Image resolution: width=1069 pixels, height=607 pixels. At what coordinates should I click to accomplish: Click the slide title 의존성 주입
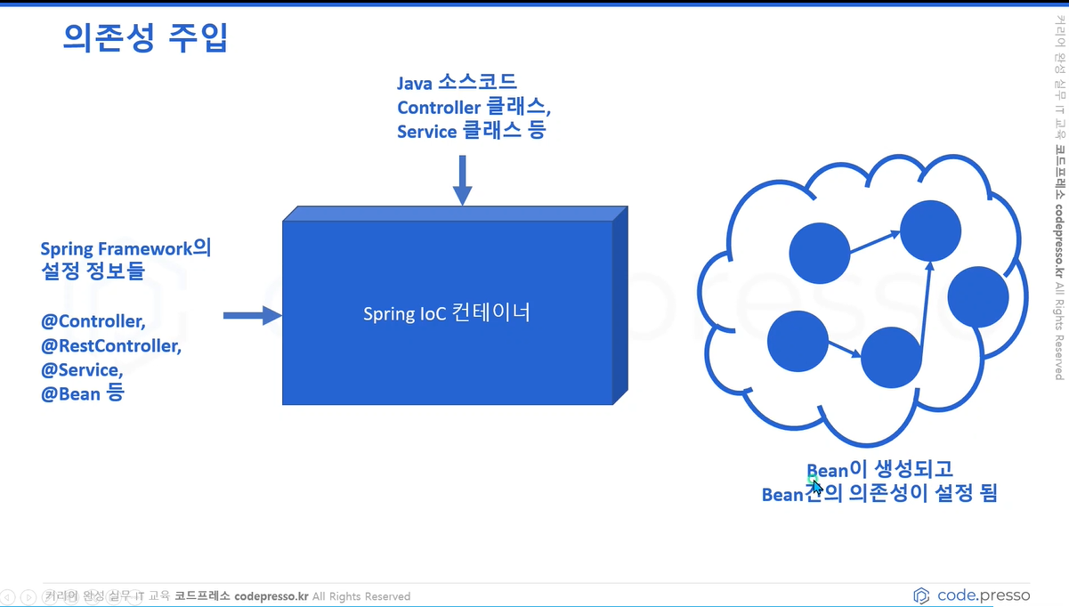[146, 37]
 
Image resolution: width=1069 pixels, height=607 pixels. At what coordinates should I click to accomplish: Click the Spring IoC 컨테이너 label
[446, 313]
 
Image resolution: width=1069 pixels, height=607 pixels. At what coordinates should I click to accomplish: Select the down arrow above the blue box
[462, 181]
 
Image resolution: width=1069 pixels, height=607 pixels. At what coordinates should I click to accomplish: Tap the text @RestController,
[111, 345]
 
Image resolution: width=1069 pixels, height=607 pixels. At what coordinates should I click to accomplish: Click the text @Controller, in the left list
[93, 321]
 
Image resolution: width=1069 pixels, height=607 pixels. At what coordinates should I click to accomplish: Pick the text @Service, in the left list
[82, 369]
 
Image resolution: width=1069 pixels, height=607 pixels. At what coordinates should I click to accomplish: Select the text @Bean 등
[82, 393]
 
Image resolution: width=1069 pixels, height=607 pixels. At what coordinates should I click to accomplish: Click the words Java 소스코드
[457, 84]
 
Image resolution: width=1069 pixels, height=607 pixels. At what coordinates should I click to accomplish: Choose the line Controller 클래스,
[474, 107]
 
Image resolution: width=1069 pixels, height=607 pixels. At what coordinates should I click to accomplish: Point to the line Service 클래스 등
[472, 131]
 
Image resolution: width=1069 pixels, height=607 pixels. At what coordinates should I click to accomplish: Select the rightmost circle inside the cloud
[977, 295]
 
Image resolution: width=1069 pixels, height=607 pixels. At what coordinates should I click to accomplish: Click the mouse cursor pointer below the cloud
[816, 487]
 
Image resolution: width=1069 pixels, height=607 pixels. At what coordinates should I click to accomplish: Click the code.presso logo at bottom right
[971, 595]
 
